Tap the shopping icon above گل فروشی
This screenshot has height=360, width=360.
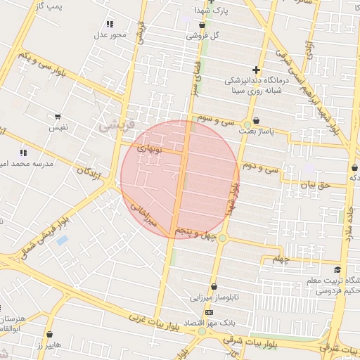coord(202,24)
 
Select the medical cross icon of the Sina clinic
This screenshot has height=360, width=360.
coord(256,70)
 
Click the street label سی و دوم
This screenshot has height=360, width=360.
coord(260,168)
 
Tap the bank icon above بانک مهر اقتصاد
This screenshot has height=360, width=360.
coord(209,311)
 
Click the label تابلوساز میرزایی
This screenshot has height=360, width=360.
coord(216,297)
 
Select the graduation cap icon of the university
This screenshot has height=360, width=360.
coord(337,269)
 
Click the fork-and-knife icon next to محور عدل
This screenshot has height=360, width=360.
coord(110,24)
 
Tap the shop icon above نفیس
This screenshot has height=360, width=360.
coord(57,116)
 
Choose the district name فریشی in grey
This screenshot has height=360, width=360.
coord(113,127)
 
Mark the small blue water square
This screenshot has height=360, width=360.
coord(62,240)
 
